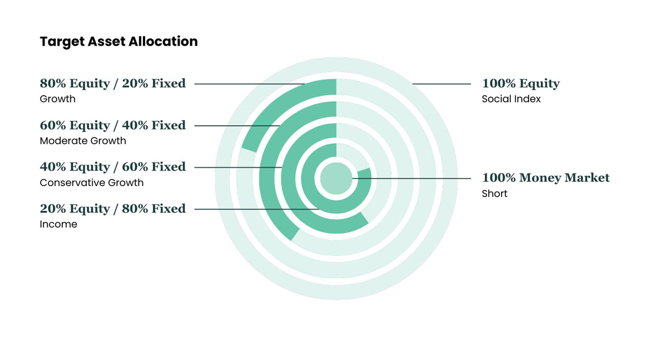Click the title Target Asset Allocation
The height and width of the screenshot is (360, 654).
click(x=119, y=41)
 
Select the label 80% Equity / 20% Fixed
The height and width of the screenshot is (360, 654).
click(x=113, y=83)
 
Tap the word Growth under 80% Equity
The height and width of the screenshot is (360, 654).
click(x=58, y=99)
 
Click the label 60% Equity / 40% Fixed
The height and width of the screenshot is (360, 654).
click(x=113, y=125)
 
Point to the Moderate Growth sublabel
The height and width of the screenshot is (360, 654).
click(x=83, y=141)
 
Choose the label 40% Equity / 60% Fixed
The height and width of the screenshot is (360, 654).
click(x=113, y=167)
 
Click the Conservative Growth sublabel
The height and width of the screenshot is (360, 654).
click(x=91, y=183)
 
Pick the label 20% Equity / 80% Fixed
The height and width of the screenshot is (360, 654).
click(x=113, y=209)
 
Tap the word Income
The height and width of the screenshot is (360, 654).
click(x=58, y=224)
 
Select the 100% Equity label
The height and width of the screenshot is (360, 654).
click(x=521, y=83)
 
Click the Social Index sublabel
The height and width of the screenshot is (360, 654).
click(x=511, y=99)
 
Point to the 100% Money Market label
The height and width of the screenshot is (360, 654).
click(x=546, y=178)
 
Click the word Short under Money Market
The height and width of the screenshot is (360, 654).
click(x=494, y=194)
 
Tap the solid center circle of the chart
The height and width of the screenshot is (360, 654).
click(x=336, y=179)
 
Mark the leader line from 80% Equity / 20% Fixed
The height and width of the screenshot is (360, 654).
click(x=250, y=84)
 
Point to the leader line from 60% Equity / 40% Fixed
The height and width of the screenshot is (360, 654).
click(x=237, y=126)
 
